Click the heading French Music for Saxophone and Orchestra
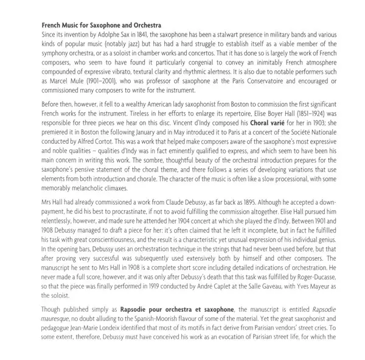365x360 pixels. pos(101,25)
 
